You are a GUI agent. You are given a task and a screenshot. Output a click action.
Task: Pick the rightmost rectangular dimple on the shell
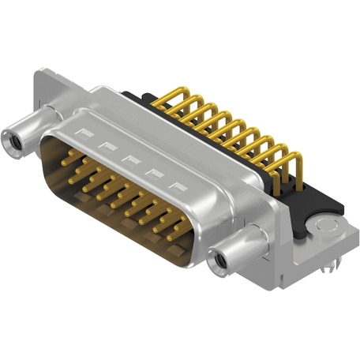point(182,186)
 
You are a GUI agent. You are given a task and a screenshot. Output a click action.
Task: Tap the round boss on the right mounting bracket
point(324,229)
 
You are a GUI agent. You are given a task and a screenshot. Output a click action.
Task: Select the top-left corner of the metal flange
point(39,73)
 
